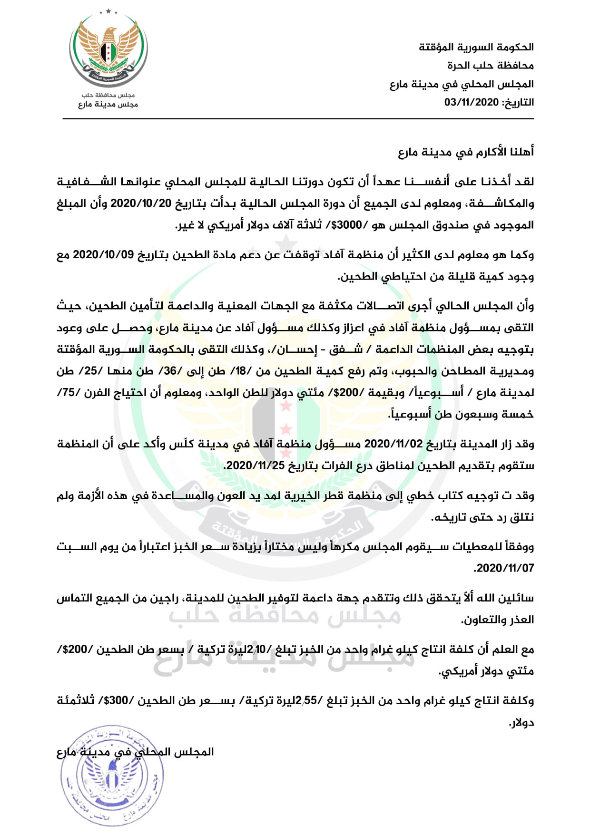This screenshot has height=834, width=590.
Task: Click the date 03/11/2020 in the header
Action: coord(472,102)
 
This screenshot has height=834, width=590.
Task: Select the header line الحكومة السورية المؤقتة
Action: coord(476,47)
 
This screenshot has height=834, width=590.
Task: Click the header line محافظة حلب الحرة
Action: coord(490,65)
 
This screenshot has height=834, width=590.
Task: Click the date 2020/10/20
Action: coord(141,204)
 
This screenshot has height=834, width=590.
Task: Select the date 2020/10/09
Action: coord(103,255)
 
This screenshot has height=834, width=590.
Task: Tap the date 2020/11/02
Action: coord(393,444)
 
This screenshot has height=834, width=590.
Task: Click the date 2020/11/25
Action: coord(255,465)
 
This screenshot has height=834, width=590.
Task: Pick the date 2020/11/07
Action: coord(505,568)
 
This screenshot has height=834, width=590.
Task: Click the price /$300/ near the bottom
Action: coord(118,701)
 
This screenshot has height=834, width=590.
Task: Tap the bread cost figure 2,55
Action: coord(306,701)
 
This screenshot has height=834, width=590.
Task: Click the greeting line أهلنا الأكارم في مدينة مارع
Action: coord(466,152)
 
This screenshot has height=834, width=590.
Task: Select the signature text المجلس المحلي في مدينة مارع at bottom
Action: coord(135,752)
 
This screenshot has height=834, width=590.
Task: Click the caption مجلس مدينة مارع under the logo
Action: coord(108,104)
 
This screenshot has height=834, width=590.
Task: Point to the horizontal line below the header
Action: coord(298,119)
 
